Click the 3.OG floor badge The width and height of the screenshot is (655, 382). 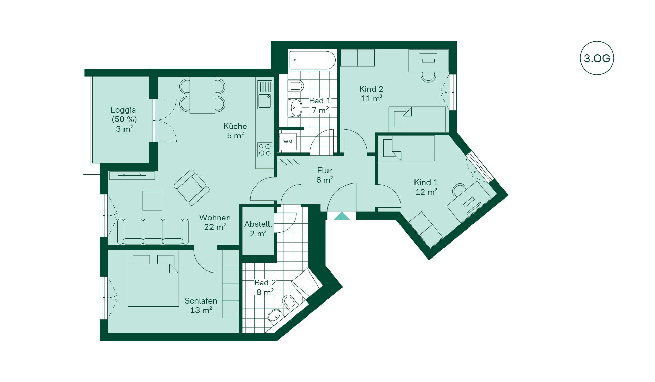click(597, 58)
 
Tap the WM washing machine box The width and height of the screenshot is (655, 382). click(288, 142)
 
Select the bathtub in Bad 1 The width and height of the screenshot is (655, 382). click(312, 60)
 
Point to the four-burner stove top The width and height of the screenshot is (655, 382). click(265, 150)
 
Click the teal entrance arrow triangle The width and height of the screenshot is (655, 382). click(342, 216)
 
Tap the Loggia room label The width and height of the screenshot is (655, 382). click(123, 119)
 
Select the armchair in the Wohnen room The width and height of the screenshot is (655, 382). click(192, 187)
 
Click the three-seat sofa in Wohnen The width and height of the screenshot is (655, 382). click(153, 231)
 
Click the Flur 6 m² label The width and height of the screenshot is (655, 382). click(324, 175)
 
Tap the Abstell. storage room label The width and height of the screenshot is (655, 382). click(258, 229)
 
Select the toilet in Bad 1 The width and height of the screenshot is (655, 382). click(296, 86)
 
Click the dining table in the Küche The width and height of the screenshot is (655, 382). click(202, 95)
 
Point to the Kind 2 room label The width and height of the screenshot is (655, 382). click(371, 94)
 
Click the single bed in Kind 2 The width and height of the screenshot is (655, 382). click(417, 119)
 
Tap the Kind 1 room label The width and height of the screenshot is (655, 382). click(426, 187)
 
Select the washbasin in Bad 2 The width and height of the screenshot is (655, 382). click(274, 315)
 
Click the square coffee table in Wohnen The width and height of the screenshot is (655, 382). click(152, 201)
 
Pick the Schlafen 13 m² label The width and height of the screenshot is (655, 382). click(201, 306)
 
